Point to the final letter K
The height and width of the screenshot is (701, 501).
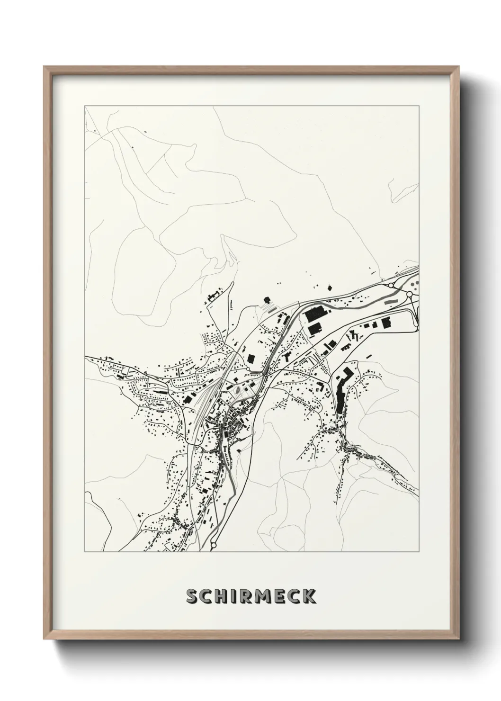point(309,597)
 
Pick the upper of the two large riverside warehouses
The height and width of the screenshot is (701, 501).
point(313,314)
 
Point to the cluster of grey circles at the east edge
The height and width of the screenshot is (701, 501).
point(415,285)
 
